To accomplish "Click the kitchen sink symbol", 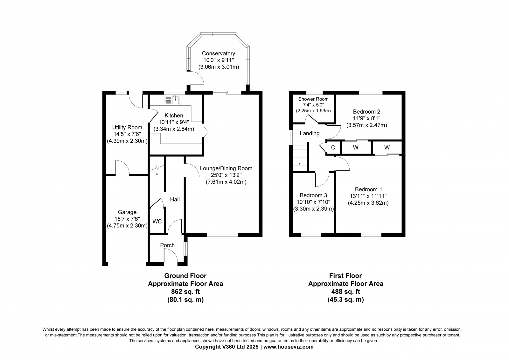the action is pyautogui.click(x=172, y=100).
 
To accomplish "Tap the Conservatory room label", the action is pyautogui.click(x=218, y=53).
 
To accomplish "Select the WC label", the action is pyautogui.click(x=157, y=222).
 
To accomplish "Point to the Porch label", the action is pyautogui.click(x=167, y=245).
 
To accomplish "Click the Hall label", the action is pyautogui.click(x=175, y=200).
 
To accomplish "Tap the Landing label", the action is pyautogui.click(x=310, y=133).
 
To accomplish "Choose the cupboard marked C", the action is pyautogui.click(x=333, y=148).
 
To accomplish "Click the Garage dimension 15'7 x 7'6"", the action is pyautogui.click(x=127, y=219).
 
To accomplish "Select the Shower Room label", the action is pyautogui.click(x=313, y=99).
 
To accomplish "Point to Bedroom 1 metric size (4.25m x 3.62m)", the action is pyautogui.click(x=368, y=203).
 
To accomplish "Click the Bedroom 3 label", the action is pyautogui.click(x=313, y=195).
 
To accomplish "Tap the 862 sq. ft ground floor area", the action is pyautogui.click(x=185, y=292).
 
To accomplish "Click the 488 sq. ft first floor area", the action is pyautogui.click(x=345, y=292).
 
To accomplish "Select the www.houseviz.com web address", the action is pyautogui.click(x=288, y=347).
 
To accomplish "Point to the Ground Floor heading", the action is pyautogui.click(x=185, y=276).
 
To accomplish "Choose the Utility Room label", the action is pyautogui.click(x=127, y=128).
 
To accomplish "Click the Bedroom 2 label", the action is pyautogui.click(x=366, y=112).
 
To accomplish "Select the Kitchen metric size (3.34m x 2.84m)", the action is pyautogui.click(x=174, y=129).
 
